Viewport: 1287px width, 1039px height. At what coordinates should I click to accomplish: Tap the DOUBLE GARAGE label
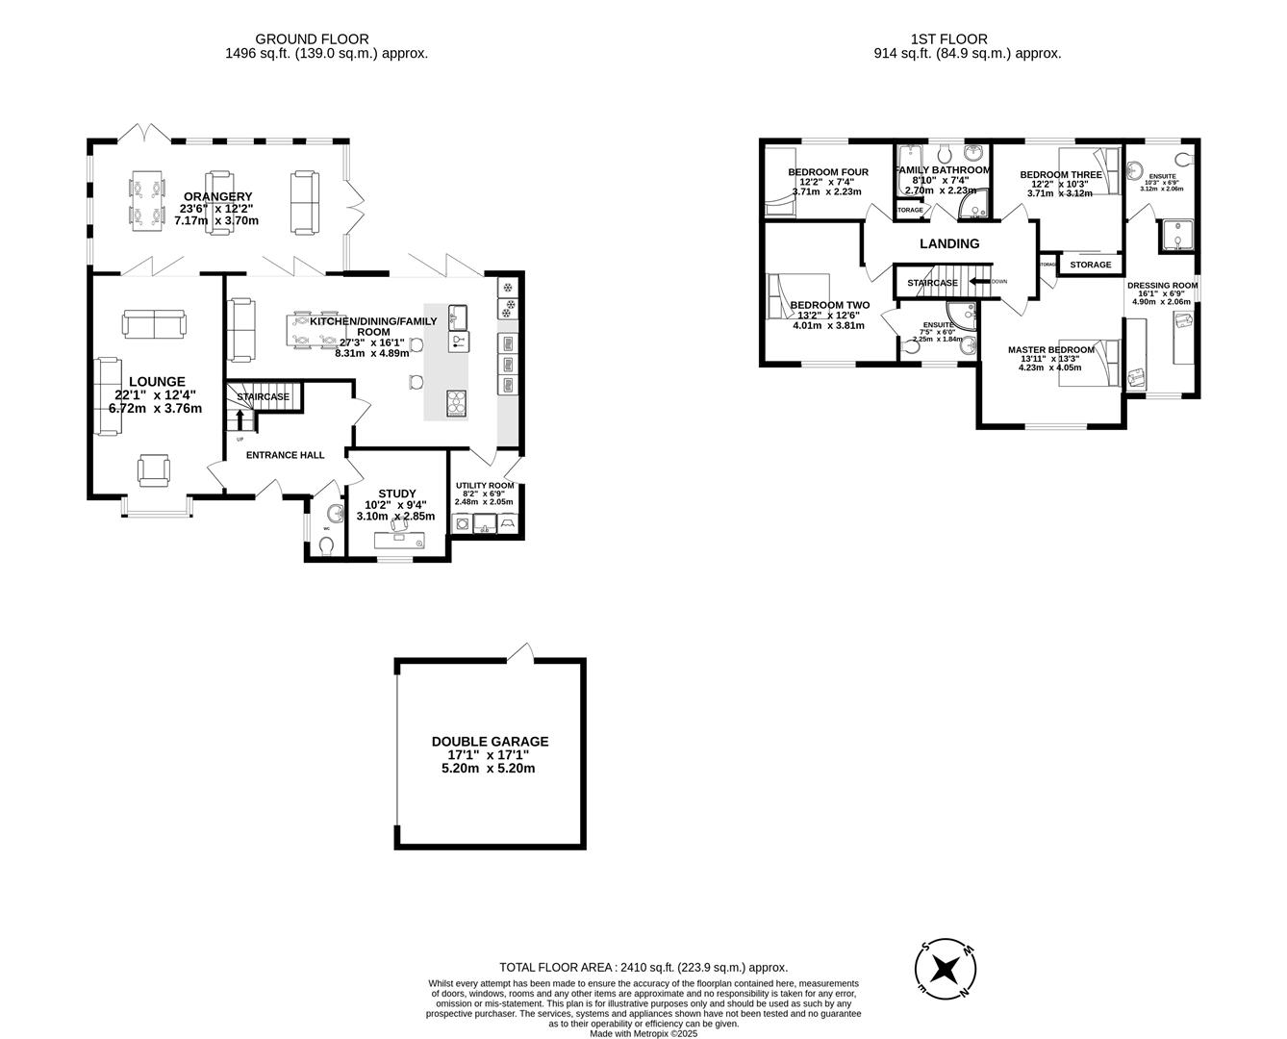[x=490, y=742]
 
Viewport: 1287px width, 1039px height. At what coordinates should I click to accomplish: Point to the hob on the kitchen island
[x=457, y=401]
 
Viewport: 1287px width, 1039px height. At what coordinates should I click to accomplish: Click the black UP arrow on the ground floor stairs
[x=240, y=420]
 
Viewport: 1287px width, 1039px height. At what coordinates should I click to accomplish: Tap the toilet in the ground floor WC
[x=327, y=546]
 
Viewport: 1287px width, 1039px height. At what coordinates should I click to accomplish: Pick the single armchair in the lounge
[x=154, y=469]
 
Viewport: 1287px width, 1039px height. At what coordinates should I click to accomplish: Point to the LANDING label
[x=949, y=244]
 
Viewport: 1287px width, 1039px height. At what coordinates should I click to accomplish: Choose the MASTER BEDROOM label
[x=1050, y=350]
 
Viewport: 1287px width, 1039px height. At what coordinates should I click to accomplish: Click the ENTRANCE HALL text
[x=285, y=455]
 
